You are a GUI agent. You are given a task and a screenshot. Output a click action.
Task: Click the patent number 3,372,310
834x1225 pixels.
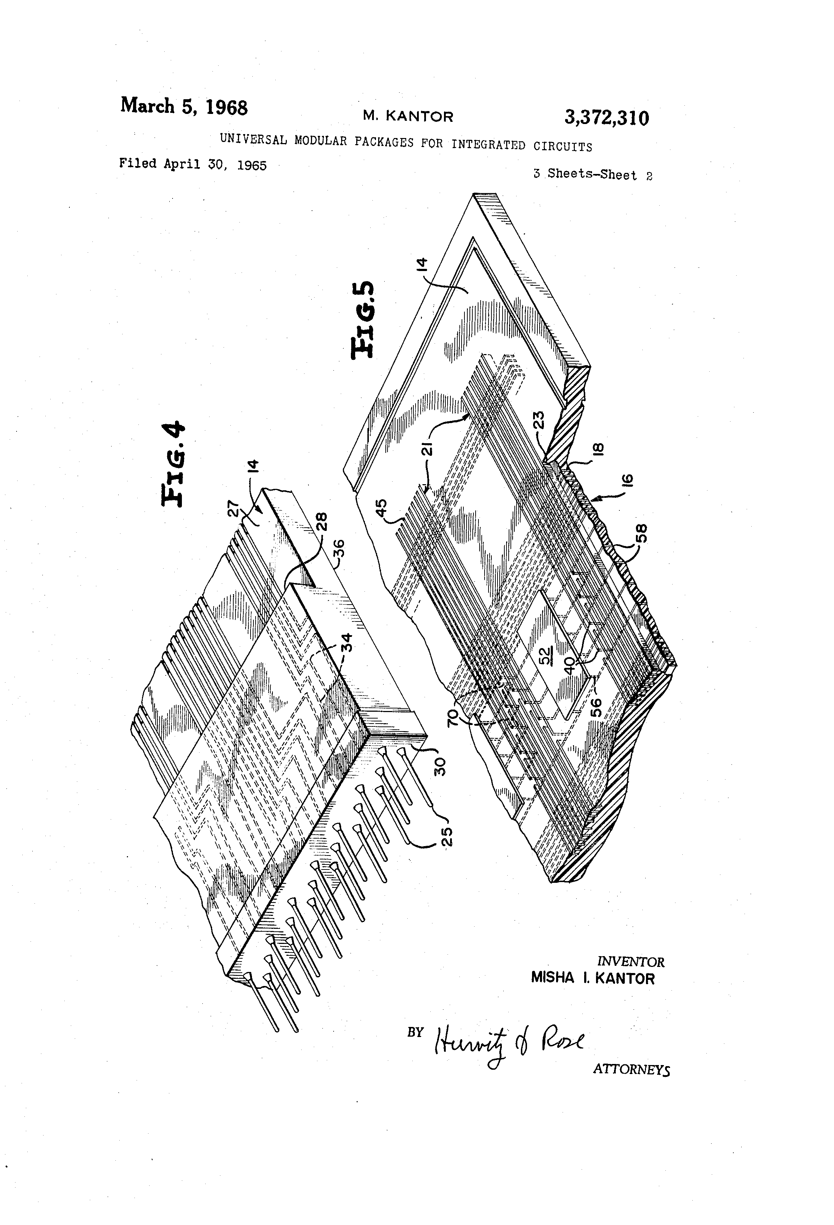[x=606, y=118]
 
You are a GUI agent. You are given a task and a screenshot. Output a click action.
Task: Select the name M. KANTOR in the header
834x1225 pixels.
[x=408, y=116]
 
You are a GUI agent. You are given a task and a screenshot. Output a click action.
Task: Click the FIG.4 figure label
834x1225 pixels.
[x=173, y=463]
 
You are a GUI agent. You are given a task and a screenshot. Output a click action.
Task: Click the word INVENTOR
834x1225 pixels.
[x=630, y=962]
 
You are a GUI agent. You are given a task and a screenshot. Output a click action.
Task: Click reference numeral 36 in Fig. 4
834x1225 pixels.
[x=339, y=549]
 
